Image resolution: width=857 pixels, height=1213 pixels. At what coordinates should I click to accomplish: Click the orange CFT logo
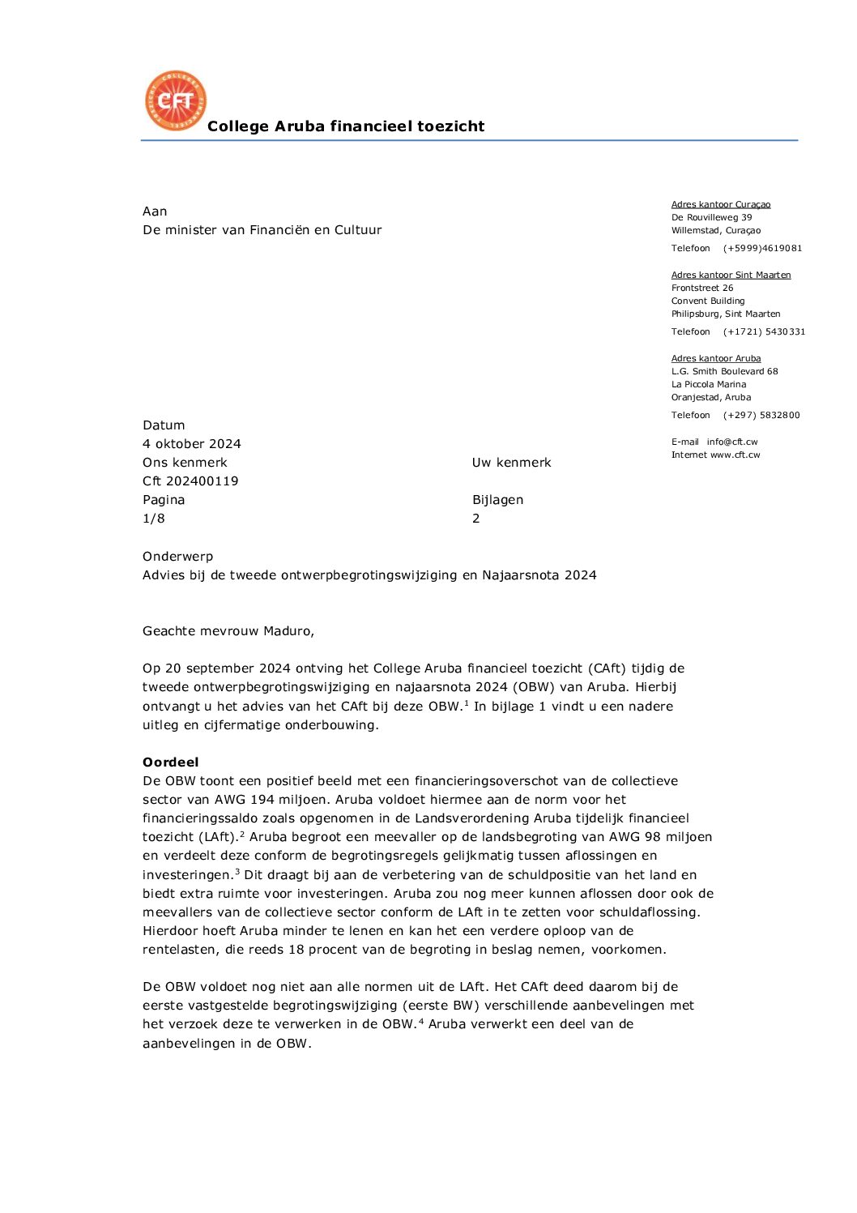pos(175,100)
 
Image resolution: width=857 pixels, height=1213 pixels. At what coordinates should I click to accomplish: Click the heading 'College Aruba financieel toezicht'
pos(346,126)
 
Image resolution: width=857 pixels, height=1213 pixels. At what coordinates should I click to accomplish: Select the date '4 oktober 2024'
pos(192,444)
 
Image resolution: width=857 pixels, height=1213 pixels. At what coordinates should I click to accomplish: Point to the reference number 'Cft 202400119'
pos(190,481)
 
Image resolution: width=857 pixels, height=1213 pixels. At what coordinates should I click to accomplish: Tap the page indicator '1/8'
pos(154,519)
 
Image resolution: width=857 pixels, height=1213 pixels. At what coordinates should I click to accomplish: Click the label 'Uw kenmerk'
pos(511,463)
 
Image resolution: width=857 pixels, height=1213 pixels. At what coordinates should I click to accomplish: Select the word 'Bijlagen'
pos(497,500)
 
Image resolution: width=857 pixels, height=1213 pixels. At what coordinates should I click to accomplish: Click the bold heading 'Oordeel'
pos(170,762)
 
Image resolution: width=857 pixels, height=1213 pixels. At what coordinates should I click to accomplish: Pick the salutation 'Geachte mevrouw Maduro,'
pos(228,631)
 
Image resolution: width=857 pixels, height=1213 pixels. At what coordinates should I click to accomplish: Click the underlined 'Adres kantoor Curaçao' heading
pos(721,205)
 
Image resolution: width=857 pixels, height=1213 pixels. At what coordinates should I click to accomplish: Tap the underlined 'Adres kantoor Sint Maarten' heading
pos(731,275)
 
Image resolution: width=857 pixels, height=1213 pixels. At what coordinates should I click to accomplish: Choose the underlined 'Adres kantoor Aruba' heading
pos(716,359)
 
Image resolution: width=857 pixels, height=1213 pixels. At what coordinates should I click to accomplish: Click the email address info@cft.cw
pos(732,442)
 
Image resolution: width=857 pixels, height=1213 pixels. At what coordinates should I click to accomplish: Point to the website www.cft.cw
pos(735,455)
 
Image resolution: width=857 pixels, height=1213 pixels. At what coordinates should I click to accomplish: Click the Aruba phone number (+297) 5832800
pos(761,416)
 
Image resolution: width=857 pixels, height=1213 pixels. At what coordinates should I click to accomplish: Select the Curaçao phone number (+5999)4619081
pos(762,249)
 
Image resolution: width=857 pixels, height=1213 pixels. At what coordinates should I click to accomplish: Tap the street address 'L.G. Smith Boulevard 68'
pos(724,372)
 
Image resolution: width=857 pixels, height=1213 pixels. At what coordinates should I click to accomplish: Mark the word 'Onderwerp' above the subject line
pos(178,557)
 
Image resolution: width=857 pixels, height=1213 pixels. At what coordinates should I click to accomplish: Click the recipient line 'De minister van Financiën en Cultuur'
pos(262,230)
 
